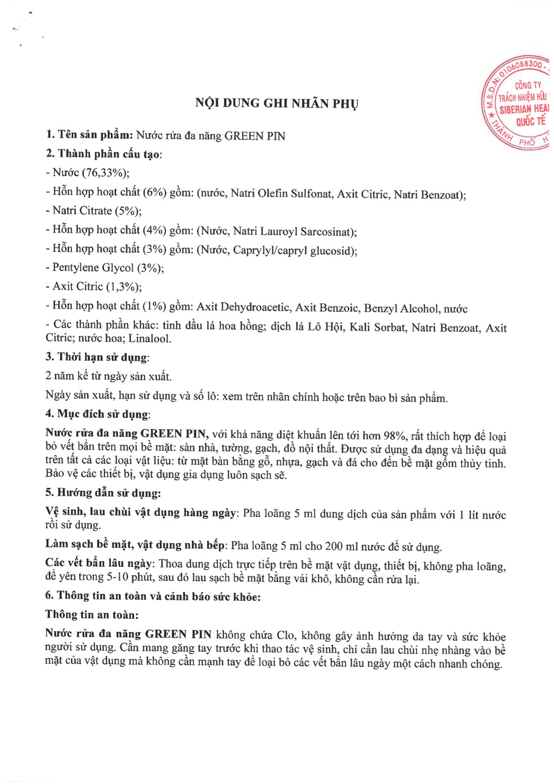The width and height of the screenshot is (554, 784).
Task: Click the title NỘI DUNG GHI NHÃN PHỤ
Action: point(277,103)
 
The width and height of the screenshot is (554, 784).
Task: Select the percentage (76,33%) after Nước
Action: point(105,173)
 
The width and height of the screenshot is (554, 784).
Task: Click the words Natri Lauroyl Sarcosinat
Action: point(294,232)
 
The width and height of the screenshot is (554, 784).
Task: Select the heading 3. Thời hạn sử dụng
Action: point(97,357)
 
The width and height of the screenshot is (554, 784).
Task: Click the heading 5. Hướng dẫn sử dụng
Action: point(103,493)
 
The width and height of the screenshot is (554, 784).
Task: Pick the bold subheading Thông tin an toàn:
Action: point(92,614)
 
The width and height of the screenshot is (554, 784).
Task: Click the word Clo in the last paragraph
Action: point(285,635)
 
